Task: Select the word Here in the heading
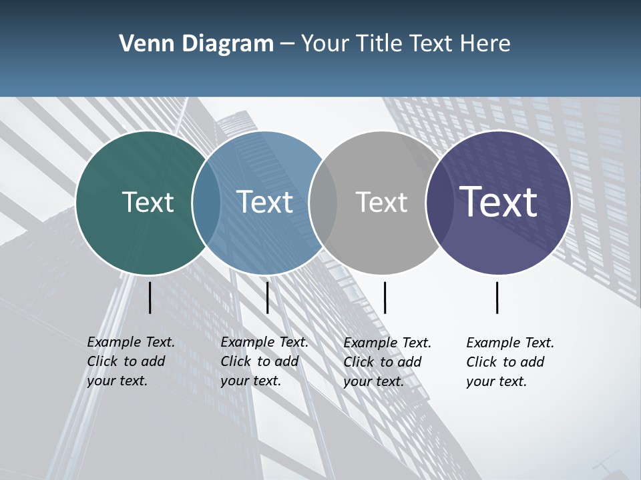click(486, 44)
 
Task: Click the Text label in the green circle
click(148, 202)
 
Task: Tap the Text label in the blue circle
click(265, 202)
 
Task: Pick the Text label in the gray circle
click(381, 202)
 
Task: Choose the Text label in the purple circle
click(499, 201)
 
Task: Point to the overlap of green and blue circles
click(207, 202)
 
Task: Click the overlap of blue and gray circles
click(323, 202)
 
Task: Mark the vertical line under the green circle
click(150, 297)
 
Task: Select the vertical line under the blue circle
click(267, 297)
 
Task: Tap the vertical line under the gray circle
click(385, 297)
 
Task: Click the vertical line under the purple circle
click(497, 297)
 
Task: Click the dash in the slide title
click(287, 45)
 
